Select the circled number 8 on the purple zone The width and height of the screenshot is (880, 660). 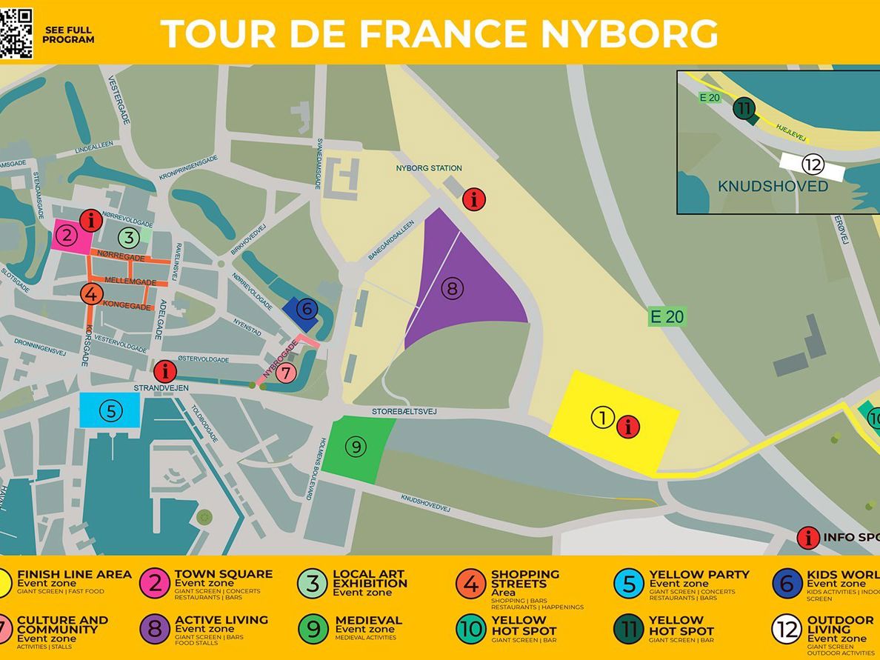click(x=452, y=288)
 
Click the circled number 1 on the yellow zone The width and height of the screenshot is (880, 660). click(x=602, y=418)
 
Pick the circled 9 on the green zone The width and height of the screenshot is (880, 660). click(x=356, y=447)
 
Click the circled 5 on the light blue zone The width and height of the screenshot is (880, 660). click(x=110, y=410)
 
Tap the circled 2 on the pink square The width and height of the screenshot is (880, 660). click(x=67, y=236)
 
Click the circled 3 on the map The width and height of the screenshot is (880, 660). click(x=129, y=238)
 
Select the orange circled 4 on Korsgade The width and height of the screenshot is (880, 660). click(x=90, y=294)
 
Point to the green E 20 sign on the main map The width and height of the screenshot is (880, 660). click(x=666, y=317)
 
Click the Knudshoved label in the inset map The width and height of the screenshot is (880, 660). click(x=773, y=187)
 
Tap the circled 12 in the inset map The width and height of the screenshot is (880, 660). click(x=813, y=164)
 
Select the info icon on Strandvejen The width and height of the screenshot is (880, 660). click(x=165, y=371)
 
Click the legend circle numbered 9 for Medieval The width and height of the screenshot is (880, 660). click(x=313, y=630)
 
